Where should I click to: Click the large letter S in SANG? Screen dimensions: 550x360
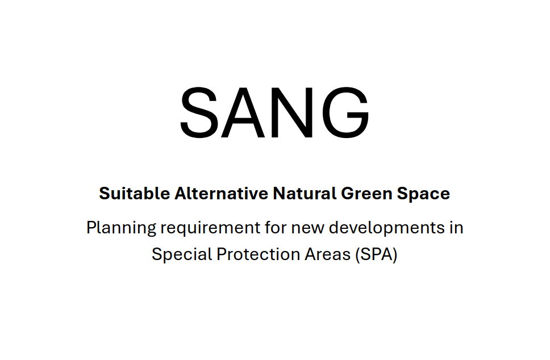(198, 112)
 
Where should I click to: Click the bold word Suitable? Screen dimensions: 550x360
(135, 193)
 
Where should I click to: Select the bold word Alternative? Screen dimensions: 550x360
(222, 193)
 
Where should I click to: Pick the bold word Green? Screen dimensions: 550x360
(366, 194)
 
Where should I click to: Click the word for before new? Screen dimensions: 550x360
(276, 227)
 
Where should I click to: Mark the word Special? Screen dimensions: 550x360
(182, 255)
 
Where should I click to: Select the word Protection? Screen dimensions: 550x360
(258, 254)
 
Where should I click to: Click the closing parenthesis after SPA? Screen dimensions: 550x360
(395, 255)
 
